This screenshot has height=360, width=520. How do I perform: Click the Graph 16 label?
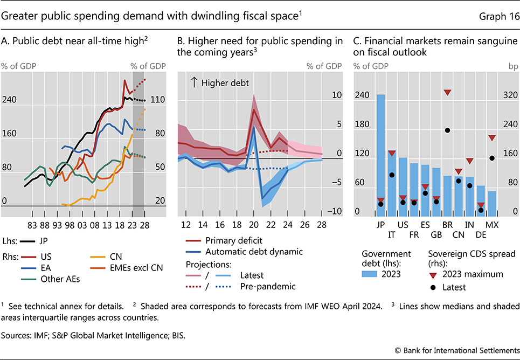point(499,16)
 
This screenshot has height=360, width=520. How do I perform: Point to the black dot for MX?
point(491,158)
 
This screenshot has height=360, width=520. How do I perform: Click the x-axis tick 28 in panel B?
point(322,224)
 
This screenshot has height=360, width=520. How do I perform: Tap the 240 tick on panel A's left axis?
point(9,100)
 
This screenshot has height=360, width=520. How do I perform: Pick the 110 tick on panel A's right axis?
point(157,100)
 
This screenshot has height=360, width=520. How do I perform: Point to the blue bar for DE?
point(480,199)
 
